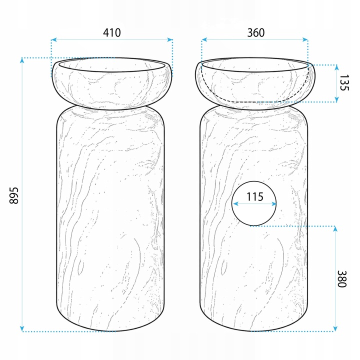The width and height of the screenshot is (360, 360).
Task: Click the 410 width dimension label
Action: tap(112, 32)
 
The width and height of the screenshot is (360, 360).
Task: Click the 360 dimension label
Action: tap(256, 32)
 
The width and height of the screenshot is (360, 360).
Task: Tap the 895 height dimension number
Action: tap(14, 195)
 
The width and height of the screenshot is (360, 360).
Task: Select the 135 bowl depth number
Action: tap(344, 82)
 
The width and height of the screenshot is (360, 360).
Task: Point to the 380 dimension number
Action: tap(341, 278)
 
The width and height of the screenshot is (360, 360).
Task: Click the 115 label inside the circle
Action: tap(255, 197)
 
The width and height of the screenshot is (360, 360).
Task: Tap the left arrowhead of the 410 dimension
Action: tap(53, 39)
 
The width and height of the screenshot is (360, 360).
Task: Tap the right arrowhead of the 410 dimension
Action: tap(170, 39)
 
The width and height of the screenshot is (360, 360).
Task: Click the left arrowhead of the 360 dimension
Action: tap(204, 39)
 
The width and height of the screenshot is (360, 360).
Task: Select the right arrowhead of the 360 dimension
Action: tap(305, 39)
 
